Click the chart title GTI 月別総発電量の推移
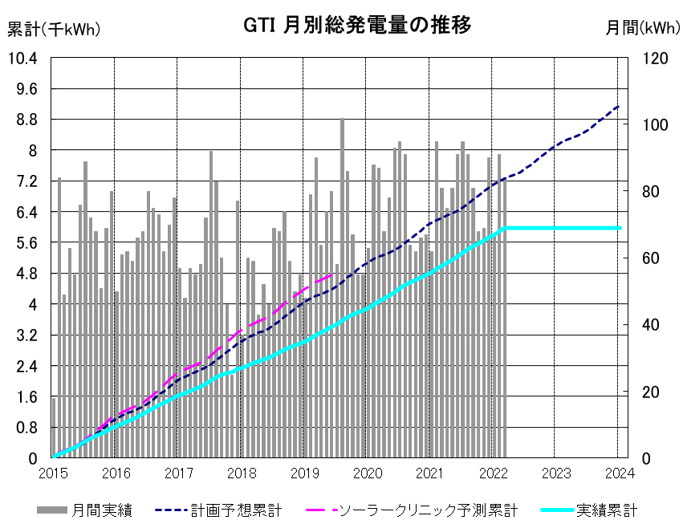coord(357,25)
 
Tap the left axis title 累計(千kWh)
coord(54,29)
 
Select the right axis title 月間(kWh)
coord(643,28)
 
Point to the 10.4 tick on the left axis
coord(22,58)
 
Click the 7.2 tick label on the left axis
coord(27,181)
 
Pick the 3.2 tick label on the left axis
coord(27,335)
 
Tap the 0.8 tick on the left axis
coord(27,428)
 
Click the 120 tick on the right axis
coord(655,59)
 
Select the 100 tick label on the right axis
coord(655,125)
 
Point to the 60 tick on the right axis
coord(651,258)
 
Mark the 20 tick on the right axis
coord(651,392)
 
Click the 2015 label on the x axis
coord(53,473)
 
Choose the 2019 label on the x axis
coord(305,473)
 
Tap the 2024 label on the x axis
coord(620,473)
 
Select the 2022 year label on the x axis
coord(494,473)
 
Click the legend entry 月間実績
coord(84,510)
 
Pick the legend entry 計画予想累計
coord(218,510)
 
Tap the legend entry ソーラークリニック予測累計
coord(412,510)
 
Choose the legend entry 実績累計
coord(589,510)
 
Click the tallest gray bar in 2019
coord(343,288)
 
